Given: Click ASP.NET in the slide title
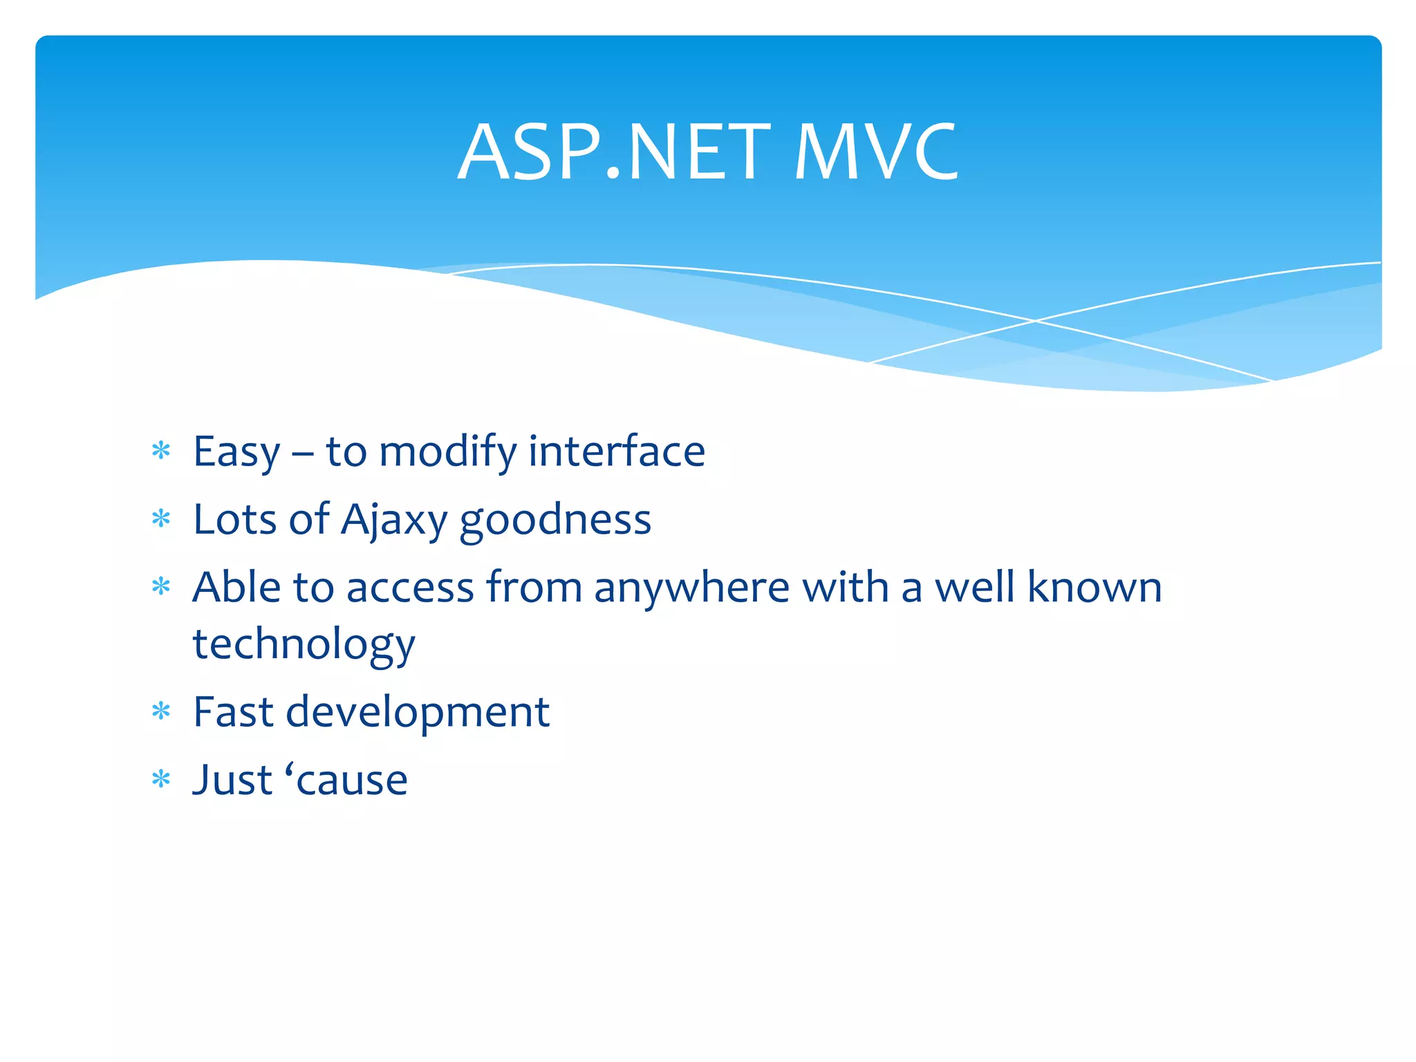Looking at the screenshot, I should pos(614,152).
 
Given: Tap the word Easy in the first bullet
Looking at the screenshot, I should pos(236,453).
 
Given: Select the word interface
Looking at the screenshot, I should pos(616,451).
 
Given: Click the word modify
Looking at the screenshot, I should pos(448,453).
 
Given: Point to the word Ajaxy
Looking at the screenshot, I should pos(394,521).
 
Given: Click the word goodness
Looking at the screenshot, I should pos(555,521).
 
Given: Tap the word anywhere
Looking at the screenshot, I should pos(691,588).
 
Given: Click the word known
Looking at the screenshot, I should pos(1094,587).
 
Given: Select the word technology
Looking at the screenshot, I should pos(304,645).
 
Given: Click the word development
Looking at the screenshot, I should pos(418,713).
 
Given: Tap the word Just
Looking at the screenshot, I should pos(232,780).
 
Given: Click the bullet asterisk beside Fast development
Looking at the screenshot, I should pos(161,711).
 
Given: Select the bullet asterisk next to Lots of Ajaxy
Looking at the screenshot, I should pos(161,519).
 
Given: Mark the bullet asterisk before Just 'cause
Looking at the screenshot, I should pos(161,780).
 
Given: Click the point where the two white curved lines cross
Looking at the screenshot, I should pos(1035,321).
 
